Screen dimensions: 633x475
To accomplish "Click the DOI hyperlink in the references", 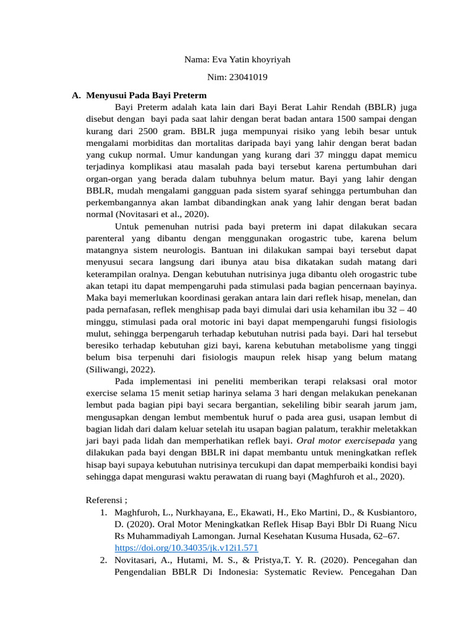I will coord(186,548).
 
